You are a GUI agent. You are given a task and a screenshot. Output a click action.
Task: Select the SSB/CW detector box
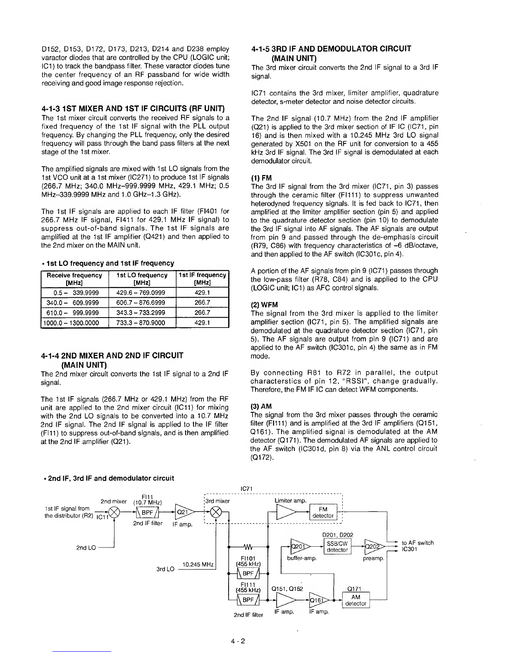pyautogui.click(x=337, y=546)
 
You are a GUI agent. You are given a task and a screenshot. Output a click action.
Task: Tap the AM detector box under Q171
pyautogui.click(x=356, y=600)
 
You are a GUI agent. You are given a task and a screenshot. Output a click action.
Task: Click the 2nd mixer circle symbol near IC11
pyautogui.click(x=112, y=513)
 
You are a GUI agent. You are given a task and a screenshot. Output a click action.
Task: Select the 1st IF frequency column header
pyautogui.click(x=202, y=279)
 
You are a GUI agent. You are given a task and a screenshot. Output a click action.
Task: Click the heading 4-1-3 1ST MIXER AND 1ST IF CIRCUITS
pyautogui.click(x=133, y=109)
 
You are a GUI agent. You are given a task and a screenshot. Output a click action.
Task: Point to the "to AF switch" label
pyautogui.click(x=418, y=543)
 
